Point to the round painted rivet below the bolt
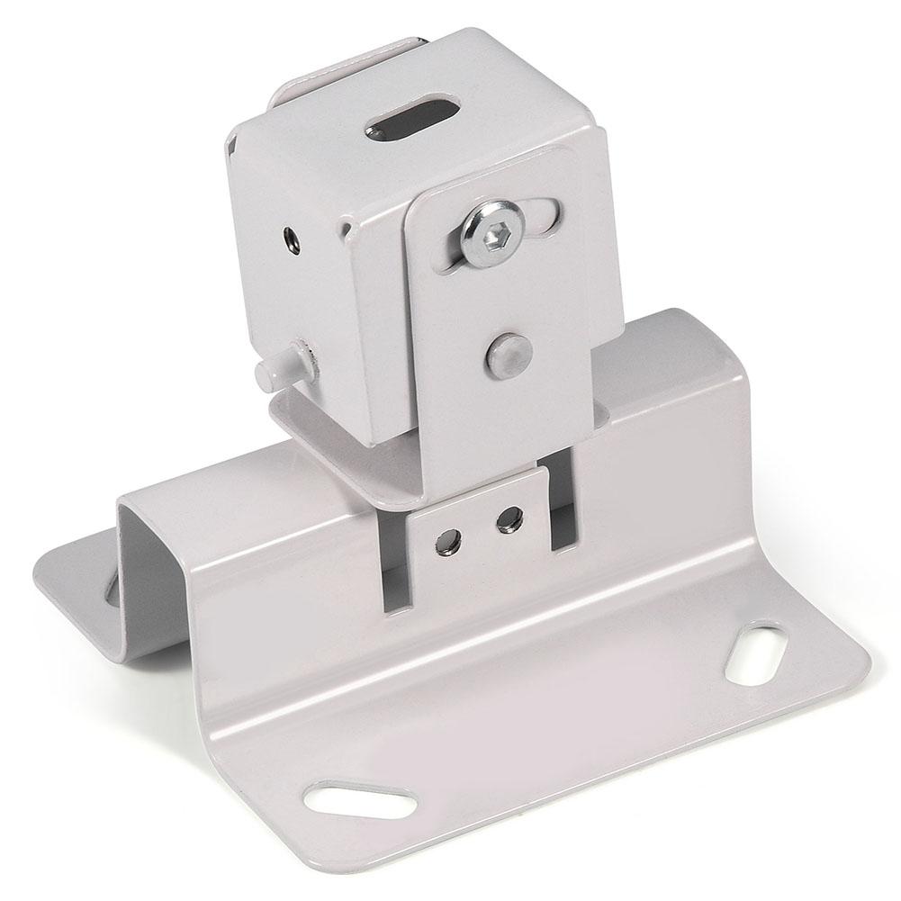(x=508, y=353)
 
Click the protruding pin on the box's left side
(x=274, y=373)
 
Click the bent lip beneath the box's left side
(x=297, y=410)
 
